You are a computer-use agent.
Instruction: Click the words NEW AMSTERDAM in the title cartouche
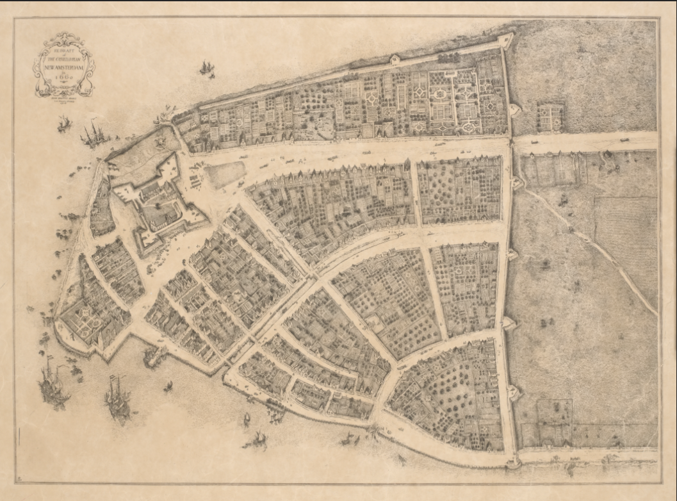(63, 66)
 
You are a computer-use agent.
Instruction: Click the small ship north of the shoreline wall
(206, 67)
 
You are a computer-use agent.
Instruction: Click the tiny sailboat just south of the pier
(168, 386)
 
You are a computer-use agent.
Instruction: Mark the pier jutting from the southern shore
(154, 356)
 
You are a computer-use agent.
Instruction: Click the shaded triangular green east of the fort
(225, 174)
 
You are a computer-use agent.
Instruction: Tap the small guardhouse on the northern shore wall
(395, 60)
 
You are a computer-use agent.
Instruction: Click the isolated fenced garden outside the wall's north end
(550, 117)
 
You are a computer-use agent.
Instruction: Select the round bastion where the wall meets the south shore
(510, 461)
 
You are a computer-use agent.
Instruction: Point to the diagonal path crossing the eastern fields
(589, 243)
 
